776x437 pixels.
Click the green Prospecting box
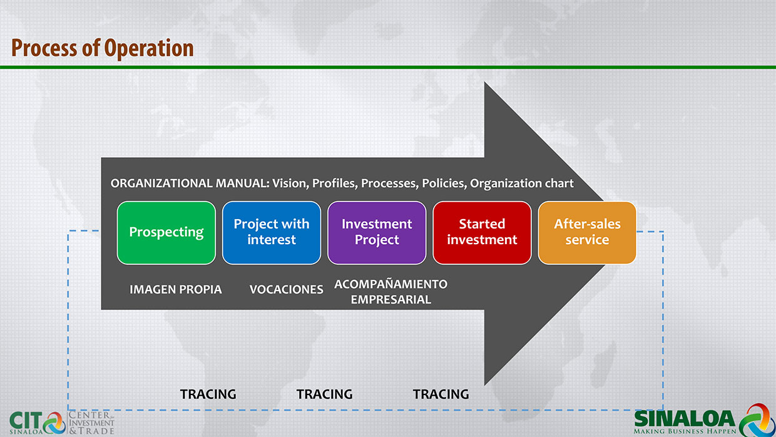point(166,233)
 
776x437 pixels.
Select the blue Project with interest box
point(272,233)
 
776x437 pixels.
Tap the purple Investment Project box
point(377,233)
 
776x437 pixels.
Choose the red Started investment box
point(482,233)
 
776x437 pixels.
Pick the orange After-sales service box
point(587,233)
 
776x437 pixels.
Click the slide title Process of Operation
point(103,48)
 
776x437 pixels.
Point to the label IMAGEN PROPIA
point(176,289)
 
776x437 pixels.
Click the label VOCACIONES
point(286,289)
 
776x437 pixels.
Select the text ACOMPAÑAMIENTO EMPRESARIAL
point(391,292)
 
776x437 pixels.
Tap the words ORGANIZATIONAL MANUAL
point(190,183)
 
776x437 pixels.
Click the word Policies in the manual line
point(444,183)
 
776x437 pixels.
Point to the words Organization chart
point(522,183)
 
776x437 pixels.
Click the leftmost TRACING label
point(208,394)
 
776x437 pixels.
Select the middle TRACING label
point(325,394)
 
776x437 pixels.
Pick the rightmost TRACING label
point(441,394)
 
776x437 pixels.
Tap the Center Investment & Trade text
point(91,423)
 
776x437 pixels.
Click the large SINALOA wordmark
point(685,418)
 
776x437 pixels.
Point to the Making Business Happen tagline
point(685,431)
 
